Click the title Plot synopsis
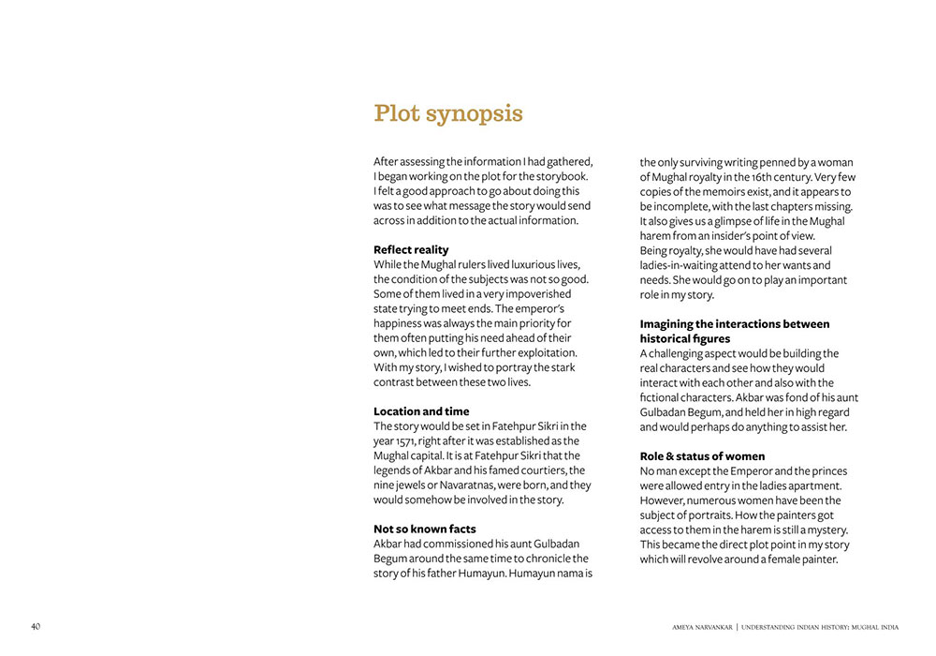[448, 114]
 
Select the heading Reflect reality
[411, 249]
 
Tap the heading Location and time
[421, 411]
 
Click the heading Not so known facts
[424, 529]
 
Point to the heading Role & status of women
[702, 456]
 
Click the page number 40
[36, 626]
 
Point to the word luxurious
[526, 264]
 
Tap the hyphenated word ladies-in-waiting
[686, 265]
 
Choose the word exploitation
[544, 352]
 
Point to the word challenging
[686, 353]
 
